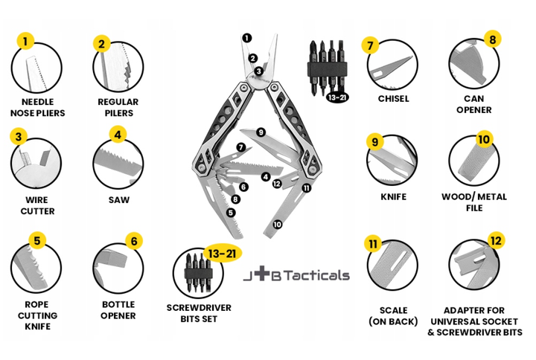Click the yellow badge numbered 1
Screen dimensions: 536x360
click(x=25, y=42)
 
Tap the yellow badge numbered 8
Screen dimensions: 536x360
click(x=493, y=39)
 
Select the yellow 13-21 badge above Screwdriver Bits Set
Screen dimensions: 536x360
click(x=223, y=254)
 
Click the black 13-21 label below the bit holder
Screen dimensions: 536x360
click(x=337, y=97)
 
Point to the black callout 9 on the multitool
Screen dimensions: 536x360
click(x=261, y=132)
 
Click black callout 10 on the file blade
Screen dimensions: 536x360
click(x=277, y=225)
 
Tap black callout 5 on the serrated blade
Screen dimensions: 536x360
click(x=231, y=213)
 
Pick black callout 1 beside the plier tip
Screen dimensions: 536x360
click(x=247, y=38)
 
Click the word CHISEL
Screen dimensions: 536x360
click(x=394, y=99)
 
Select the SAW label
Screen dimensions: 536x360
click(x=119, y=200)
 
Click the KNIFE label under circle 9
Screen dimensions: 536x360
click(x=394, y=197)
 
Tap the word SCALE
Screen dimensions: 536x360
click(x=394, y=310)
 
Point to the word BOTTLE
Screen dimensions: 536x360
click(x=118, y=304)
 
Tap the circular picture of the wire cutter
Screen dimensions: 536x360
click(x=36, y=163)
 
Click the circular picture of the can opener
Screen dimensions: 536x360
click(x=474, y=64)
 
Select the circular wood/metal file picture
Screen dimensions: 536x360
click(x=474, y=161)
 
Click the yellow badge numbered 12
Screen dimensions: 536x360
click(x=496, y=241)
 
